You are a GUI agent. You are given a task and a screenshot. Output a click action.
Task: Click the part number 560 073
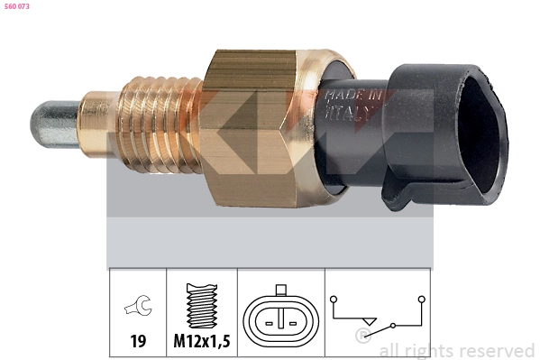(x=17, y=6)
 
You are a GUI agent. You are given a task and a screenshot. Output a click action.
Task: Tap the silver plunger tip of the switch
(x=55, y=125)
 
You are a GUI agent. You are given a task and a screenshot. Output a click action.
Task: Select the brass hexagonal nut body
(x=249, y=128)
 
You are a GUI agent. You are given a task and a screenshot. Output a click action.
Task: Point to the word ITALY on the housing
(x=348, y=113)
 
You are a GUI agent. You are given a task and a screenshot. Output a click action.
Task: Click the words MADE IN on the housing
(x=353, y=95)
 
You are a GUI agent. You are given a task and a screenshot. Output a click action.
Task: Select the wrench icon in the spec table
(x=138, y=305)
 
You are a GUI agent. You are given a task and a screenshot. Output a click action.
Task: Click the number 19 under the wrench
(x=138, y=341)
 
